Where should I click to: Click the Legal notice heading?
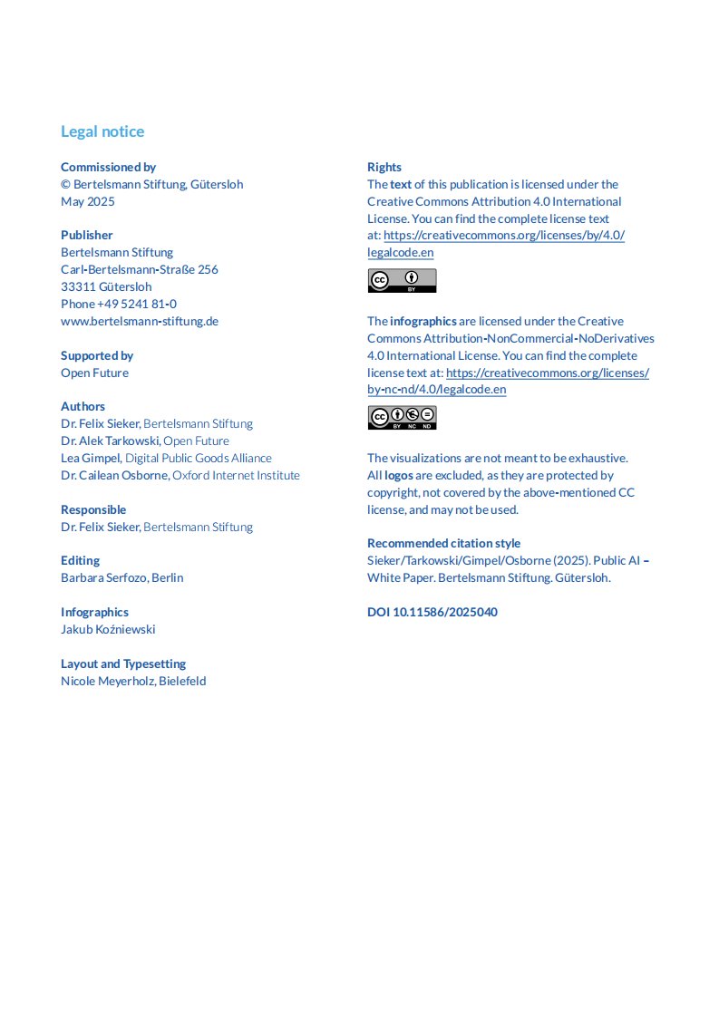(102, 131)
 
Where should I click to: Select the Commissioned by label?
(108, 167)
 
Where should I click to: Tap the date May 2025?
(88, 201)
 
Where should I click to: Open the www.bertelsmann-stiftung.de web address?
(140, 321)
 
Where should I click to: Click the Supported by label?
(97, 355)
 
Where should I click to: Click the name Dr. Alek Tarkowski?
(110, 441)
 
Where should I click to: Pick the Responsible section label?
(93, 509)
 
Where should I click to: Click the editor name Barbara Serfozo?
(103, 577)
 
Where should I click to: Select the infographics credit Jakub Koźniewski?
(108, 629)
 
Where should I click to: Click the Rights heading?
(384, 167)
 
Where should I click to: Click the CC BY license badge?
(402, 280)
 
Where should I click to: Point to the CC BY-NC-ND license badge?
(402, 417)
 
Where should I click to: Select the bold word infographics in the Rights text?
(423, 321)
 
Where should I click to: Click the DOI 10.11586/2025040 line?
(432, 612)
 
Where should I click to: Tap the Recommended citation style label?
(443, 543)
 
